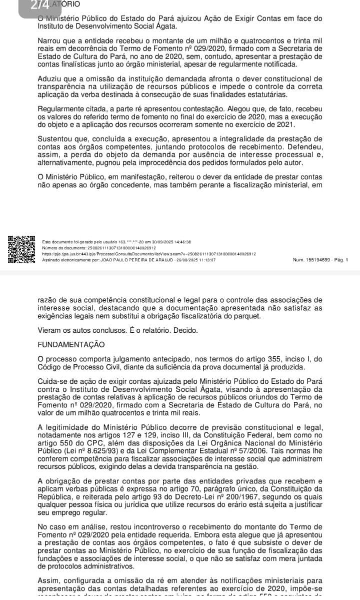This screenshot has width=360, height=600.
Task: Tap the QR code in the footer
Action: (x=21, y=249)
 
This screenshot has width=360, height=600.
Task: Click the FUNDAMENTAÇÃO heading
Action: (x=71, y=344)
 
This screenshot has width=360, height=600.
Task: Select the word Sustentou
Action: (x=57, y=139)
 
